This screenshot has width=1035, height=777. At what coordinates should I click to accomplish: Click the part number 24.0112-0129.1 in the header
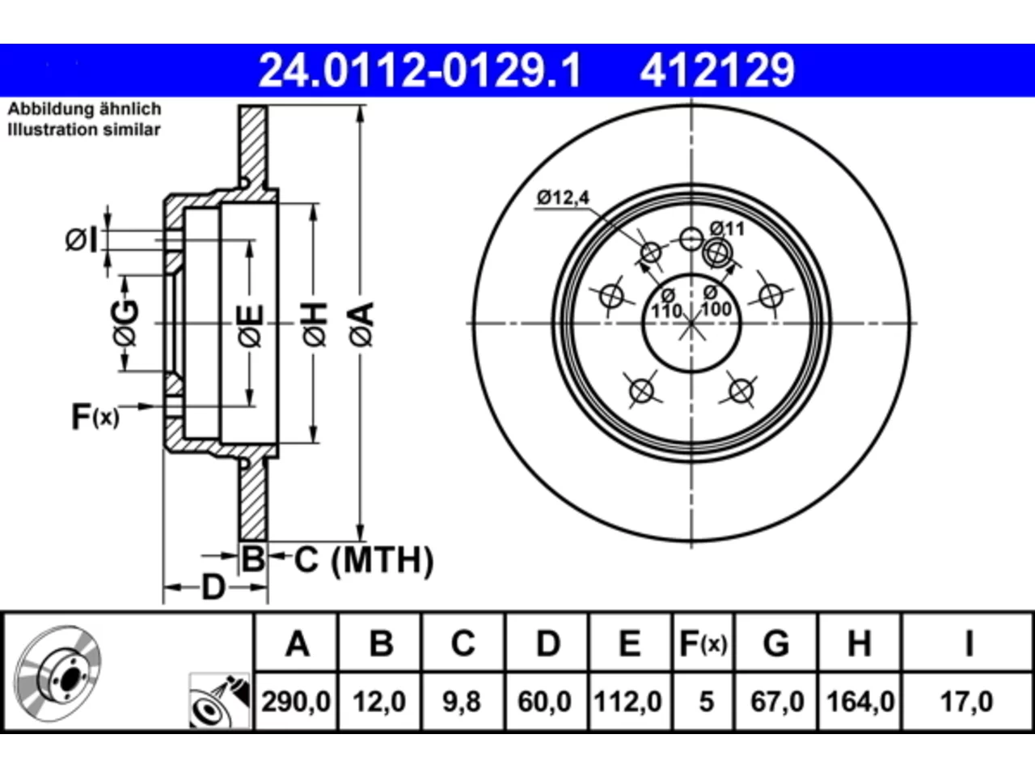(x=420, y=70)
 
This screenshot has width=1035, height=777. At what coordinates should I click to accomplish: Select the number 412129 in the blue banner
(x=717, y=70)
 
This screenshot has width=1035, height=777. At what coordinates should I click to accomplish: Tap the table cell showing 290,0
(x=296, y=702)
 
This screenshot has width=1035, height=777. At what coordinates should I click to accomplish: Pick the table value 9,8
(x=462, y=702)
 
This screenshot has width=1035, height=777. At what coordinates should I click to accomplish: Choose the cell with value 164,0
(x=860, y=702)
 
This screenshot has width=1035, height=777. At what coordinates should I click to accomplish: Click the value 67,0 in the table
(x=777, y=702)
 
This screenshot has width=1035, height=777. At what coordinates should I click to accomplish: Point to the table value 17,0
(x=966, y=702)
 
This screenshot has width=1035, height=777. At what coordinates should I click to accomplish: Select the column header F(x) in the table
(x=703, y=643)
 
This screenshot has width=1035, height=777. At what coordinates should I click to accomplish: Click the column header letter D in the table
(x=548, y=643)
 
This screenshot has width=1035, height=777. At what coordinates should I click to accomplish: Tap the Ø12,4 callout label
(x=563, y=197)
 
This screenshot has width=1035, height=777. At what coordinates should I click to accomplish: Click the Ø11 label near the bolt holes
(x=727, y=229)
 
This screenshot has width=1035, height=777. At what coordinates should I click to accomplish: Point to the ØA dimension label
(x=361, y=325)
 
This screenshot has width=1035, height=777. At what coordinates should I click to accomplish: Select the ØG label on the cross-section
(x=126, y=323)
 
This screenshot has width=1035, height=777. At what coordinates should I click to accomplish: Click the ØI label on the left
(x=82, y=240)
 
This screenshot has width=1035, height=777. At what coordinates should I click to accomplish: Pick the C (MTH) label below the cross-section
(x=364, y=560)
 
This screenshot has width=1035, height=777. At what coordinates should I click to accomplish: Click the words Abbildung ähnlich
(x=85, y=109)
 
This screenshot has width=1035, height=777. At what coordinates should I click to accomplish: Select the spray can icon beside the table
(x=219, y=701)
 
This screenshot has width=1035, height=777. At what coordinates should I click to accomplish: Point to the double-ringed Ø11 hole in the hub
(x=717, y=253)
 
